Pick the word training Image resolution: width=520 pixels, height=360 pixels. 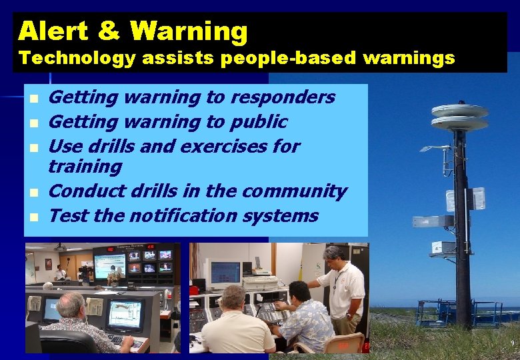[85, 167]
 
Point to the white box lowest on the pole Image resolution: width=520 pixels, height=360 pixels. [443, 247]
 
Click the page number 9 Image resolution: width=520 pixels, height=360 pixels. [512, 343]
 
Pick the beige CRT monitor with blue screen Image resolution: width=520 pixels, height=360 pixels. [225, 273]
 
